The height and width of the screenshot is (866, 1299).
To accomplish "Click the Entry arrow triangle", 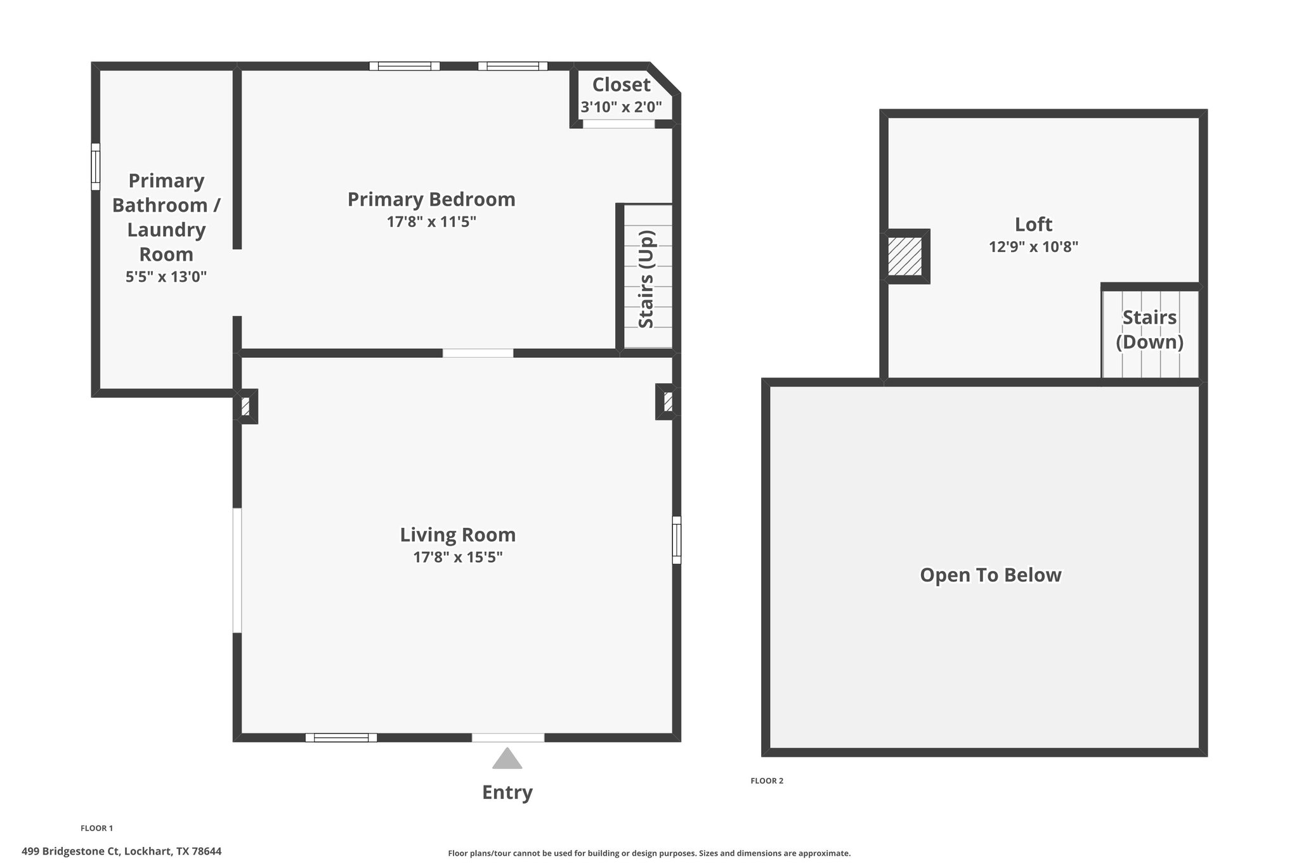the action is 507,759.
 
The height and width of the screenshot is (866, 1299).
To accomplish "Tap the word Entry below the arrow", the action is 507,792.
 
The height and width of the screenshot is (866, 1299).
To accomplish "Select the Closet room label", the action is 621,84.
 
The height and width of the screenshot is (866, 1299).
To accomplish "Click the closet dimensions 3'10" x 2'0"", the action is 622,107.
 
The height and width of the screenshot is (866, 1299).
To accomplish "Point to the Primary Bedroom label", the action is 431,199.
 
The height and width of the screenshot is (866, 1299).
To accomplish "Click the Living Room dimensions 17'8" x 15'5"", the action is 458,557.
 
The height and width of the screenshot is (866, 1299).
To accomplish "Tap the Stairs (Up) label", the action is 646,279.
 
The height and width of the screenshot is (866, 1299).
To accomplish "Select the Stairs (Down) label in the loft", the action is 1149,329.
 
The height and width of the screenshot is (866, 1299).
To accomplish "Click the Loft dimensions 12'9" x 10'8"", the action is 1034,247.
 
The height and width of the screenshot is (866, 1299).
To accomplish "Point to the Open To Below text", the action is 991,575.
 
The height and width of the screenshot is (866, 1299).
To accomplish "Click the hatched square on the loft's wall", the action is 904,256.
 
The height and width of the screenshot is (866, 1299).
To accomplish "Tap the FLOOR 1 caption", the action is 96,828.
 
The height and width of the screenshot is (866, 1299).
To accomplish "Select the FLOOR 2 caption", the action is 767,781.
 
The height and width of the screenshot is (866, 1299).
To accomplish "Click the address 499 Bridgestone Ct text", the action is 71,851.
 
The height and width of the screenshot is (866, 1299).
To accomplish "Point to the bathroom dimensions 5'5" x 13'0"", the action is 166,277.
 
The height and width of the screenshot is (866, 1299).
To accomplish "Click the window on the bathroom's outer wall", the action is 96,166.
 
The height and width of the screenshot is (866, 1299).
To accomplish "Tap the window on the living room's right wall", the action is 677,540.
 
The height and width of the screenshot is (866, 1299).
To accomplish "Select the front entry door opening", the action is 508,737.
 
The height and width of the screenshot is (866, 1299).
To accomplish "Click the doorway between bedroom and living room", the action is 478,353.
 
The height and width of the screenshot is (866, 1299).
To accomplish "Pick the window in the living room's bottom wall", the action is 341,737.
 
